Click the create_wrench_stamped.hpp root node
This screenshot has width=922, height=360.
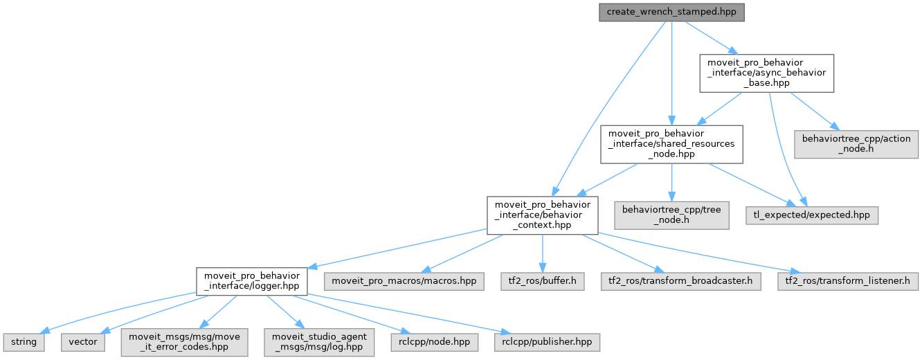pos(671,12)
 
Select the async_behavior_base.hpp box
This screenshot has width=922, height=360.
pos(766,73)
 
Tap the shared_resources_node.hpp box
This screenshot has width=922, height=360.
pos(671,144)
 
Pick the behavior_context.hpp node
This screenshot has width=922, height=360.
pos(543,215)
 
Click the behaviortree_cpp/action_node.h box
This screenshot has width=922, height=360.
pos(856,144)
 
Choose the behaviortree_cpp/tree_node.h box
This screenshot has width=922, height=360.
pos(671,215)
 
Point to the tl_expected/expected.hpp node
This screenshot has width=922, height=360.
pos(812,215)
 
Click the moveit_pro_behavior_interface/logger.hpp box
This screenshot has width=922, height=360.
pos(251,281)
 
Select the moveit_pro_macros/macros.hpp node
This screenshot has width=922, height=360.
pos(404,281)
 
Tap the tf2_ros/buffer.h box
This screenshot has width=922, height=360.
pos(543,281)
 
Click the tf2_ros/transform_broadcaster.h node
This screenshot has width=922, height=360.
pos(681,281)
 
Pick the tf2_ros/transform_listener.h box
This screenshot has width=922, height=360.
pos(848,281)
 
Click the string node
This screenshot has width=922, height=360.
pos(24,342)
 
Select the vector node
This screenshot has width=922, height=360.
pos(83,342)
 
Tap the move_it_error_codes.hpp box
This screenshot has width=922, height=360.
pos(184,342)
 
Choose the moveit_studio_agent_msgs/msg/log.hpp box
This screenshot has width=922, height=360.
pos(319,342)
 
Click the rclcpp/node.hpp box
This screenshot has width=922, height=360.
pos(434,342)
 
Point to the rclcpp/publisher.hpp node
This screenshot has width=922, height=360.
pos(547,342)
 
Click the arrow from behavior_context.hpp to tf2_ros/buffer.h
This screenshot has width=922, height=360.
pos(543,253)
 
